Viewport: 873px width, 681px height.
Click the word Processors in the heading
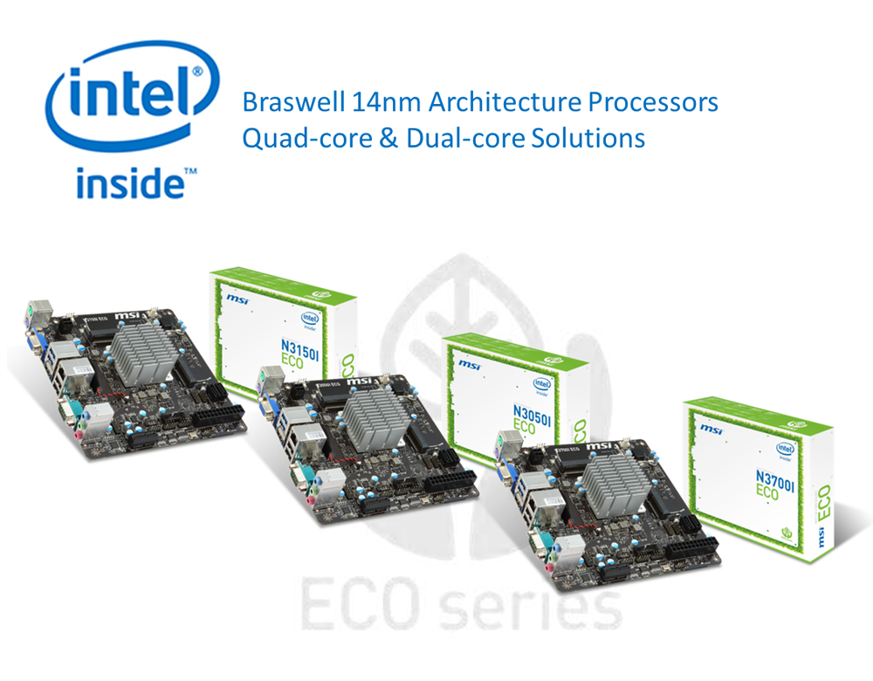647,103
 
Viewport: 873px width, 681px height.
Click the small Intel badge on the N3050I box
543,384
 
